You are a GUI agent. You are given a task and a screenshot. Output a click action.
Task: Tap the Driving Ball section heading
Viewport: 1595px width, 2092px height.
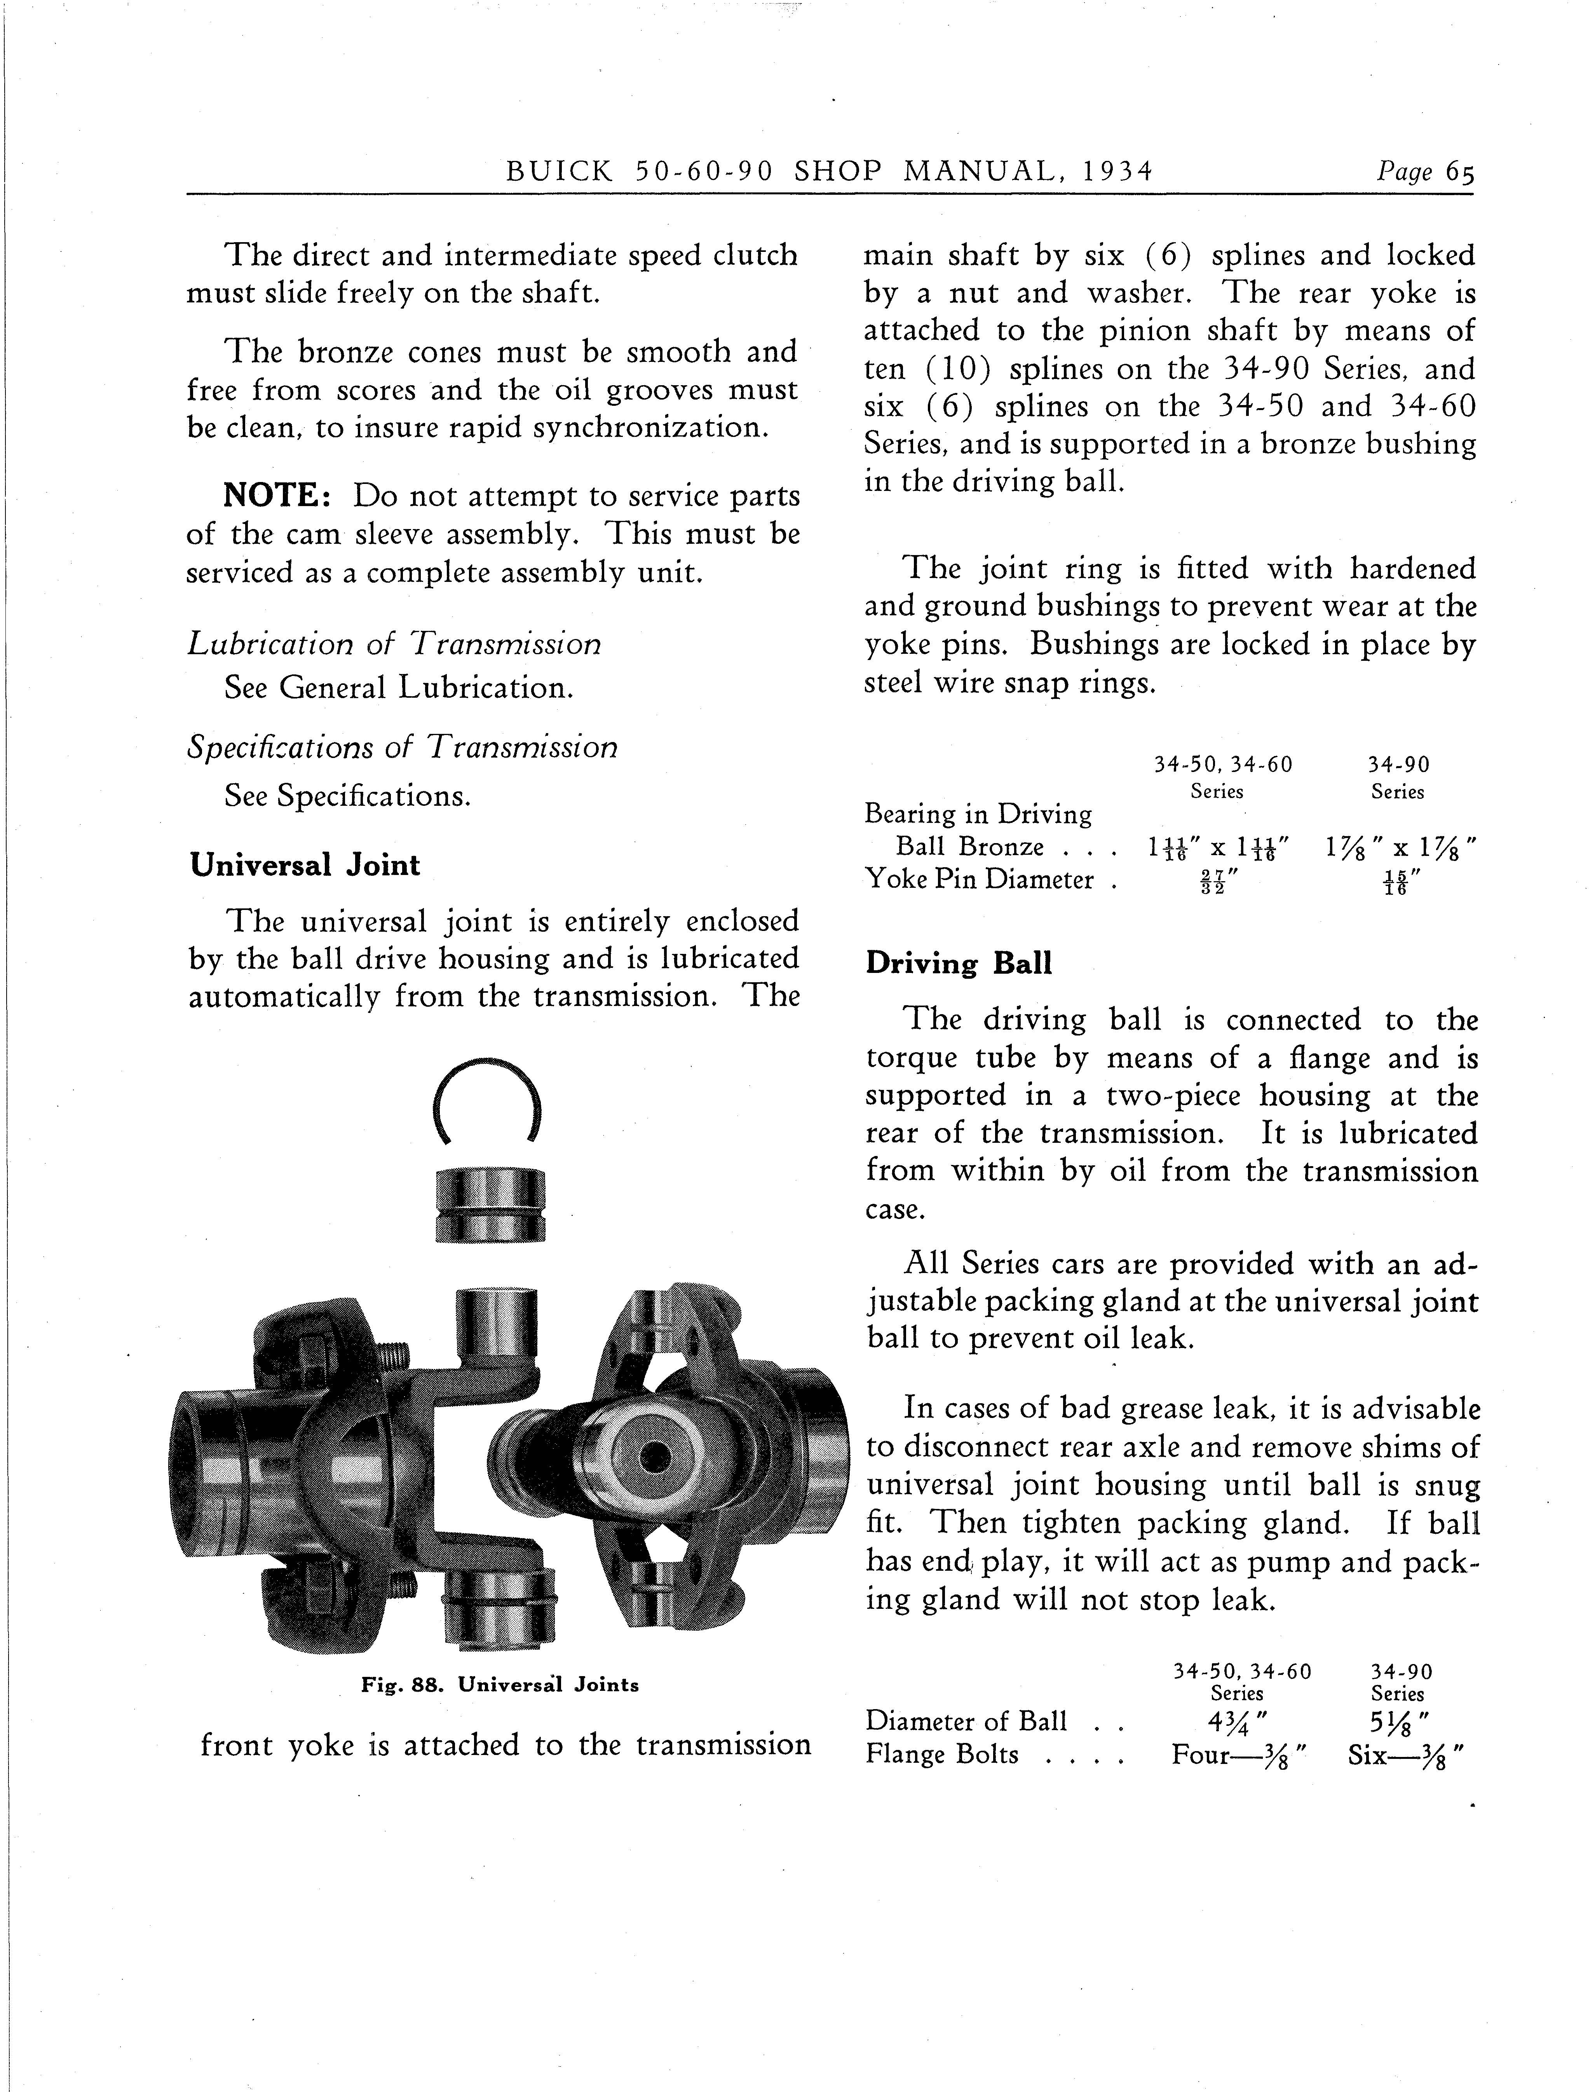959,964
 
